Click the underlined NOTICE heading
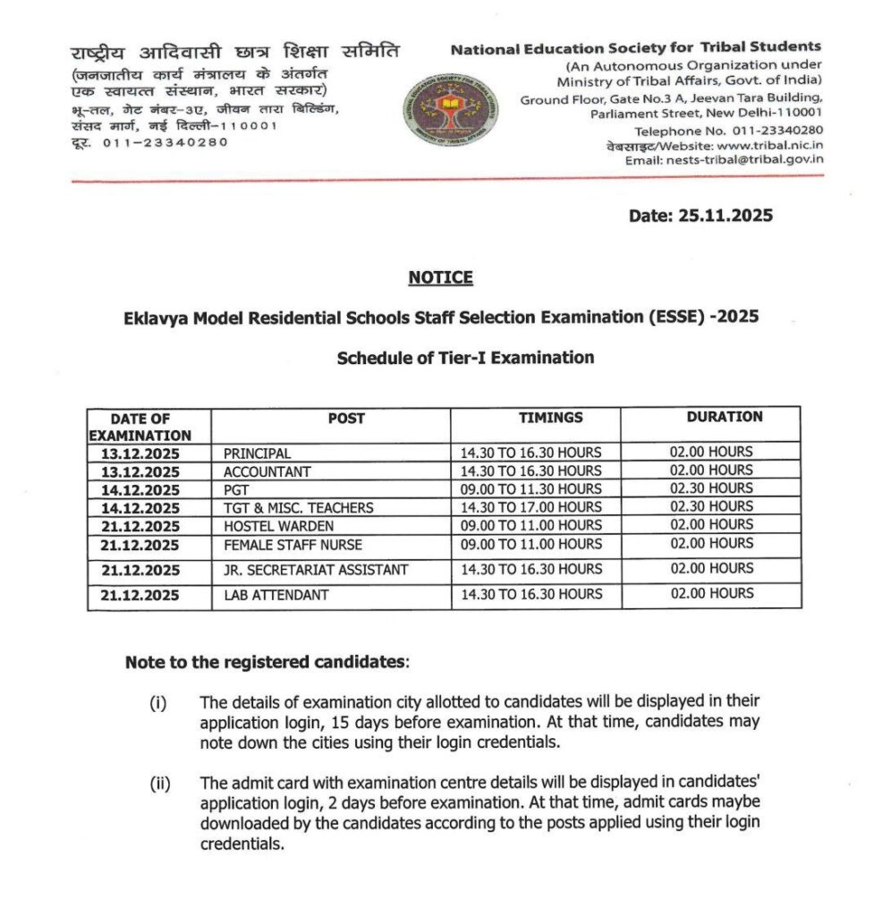(x=440, y=278)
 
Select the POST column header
(x=346, y=418)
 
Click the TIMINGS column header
(x=550, y=417)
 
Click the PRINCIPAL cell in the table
(x=257, y=454)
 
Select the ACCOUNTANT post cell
(x=267, y=471)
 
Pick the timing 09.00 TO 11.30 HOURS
(x=530, y=489)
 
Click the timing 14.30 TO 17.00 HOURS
(x=530, y=507)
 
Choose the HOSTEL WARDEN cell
(x=278, y=526)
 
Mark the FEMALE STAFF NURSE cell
(x=293, y=545)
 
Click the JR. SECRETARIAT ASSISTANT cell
(x=315, y=570)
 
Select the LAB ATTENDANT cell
(x=276, y=595)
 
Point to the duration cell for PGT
(x=711, y=488)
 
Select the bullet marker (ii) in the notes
(x=159, y=785)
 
